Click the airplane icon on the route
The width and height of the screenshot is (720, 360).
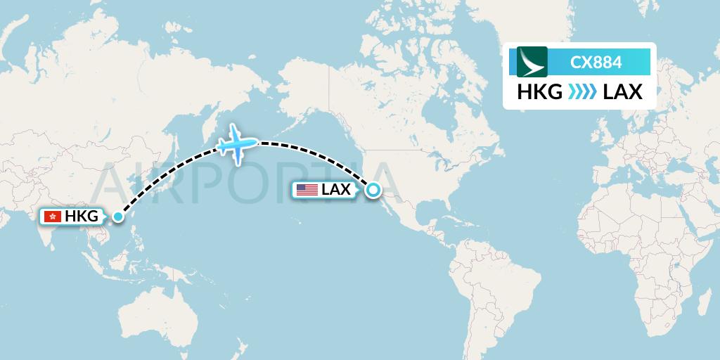point(236,144)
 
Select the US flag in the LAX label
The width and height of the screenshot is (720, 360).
point(307,189)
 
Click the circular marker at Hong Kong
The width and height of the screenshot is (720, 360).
point(117,217)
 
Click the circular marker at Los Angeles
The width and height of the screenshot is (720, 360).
point(373,189)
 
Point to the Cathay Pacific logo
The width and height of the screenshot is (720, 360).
point(532,62)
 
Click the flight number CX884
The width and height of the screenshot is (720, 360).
point(596,62)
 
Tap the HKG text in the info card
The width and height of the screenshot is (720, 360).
point(539,92)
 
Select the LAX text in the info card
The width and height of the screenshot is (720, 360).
point(622,92)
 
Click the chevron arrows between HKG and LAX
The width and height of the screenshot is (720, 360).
point(581,92)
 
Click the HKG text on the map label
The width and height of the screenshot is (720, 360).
point(82,217)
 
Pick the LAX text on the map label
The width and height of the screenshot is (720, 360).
point(336,189)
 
